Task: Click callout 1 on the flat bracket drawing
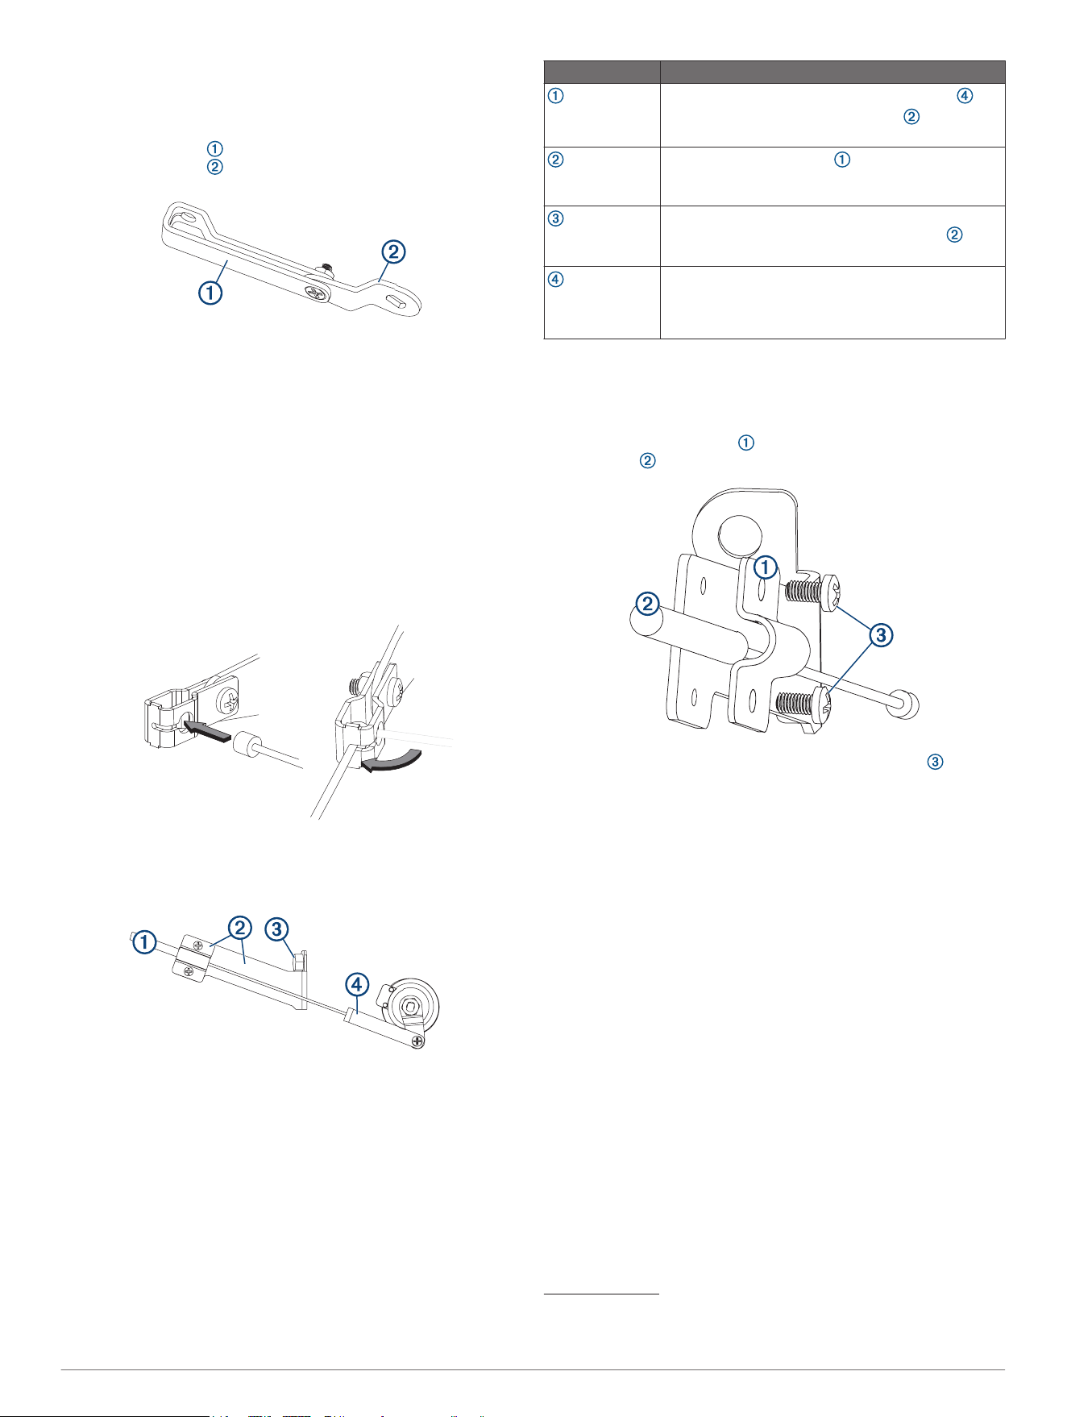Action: click(210, 292)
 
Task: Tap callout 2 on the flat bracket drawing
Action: click(392, 251)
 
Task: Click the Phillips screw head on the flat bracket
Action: click(318, 293)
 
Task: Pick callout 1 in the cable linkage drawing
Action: click(145, 941)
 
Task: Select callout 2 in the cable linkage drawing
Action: click(239, 929)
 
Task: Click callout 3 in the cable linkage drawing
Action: click(277, 929)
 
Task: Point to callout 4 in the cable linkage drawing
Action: click(358, 983)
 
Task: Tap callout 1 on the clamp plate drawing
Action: click(766, 567)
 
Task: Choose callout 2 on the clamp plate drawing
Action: click(648, 603)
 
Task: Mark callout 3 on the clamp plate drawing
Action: click(881, 635)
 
